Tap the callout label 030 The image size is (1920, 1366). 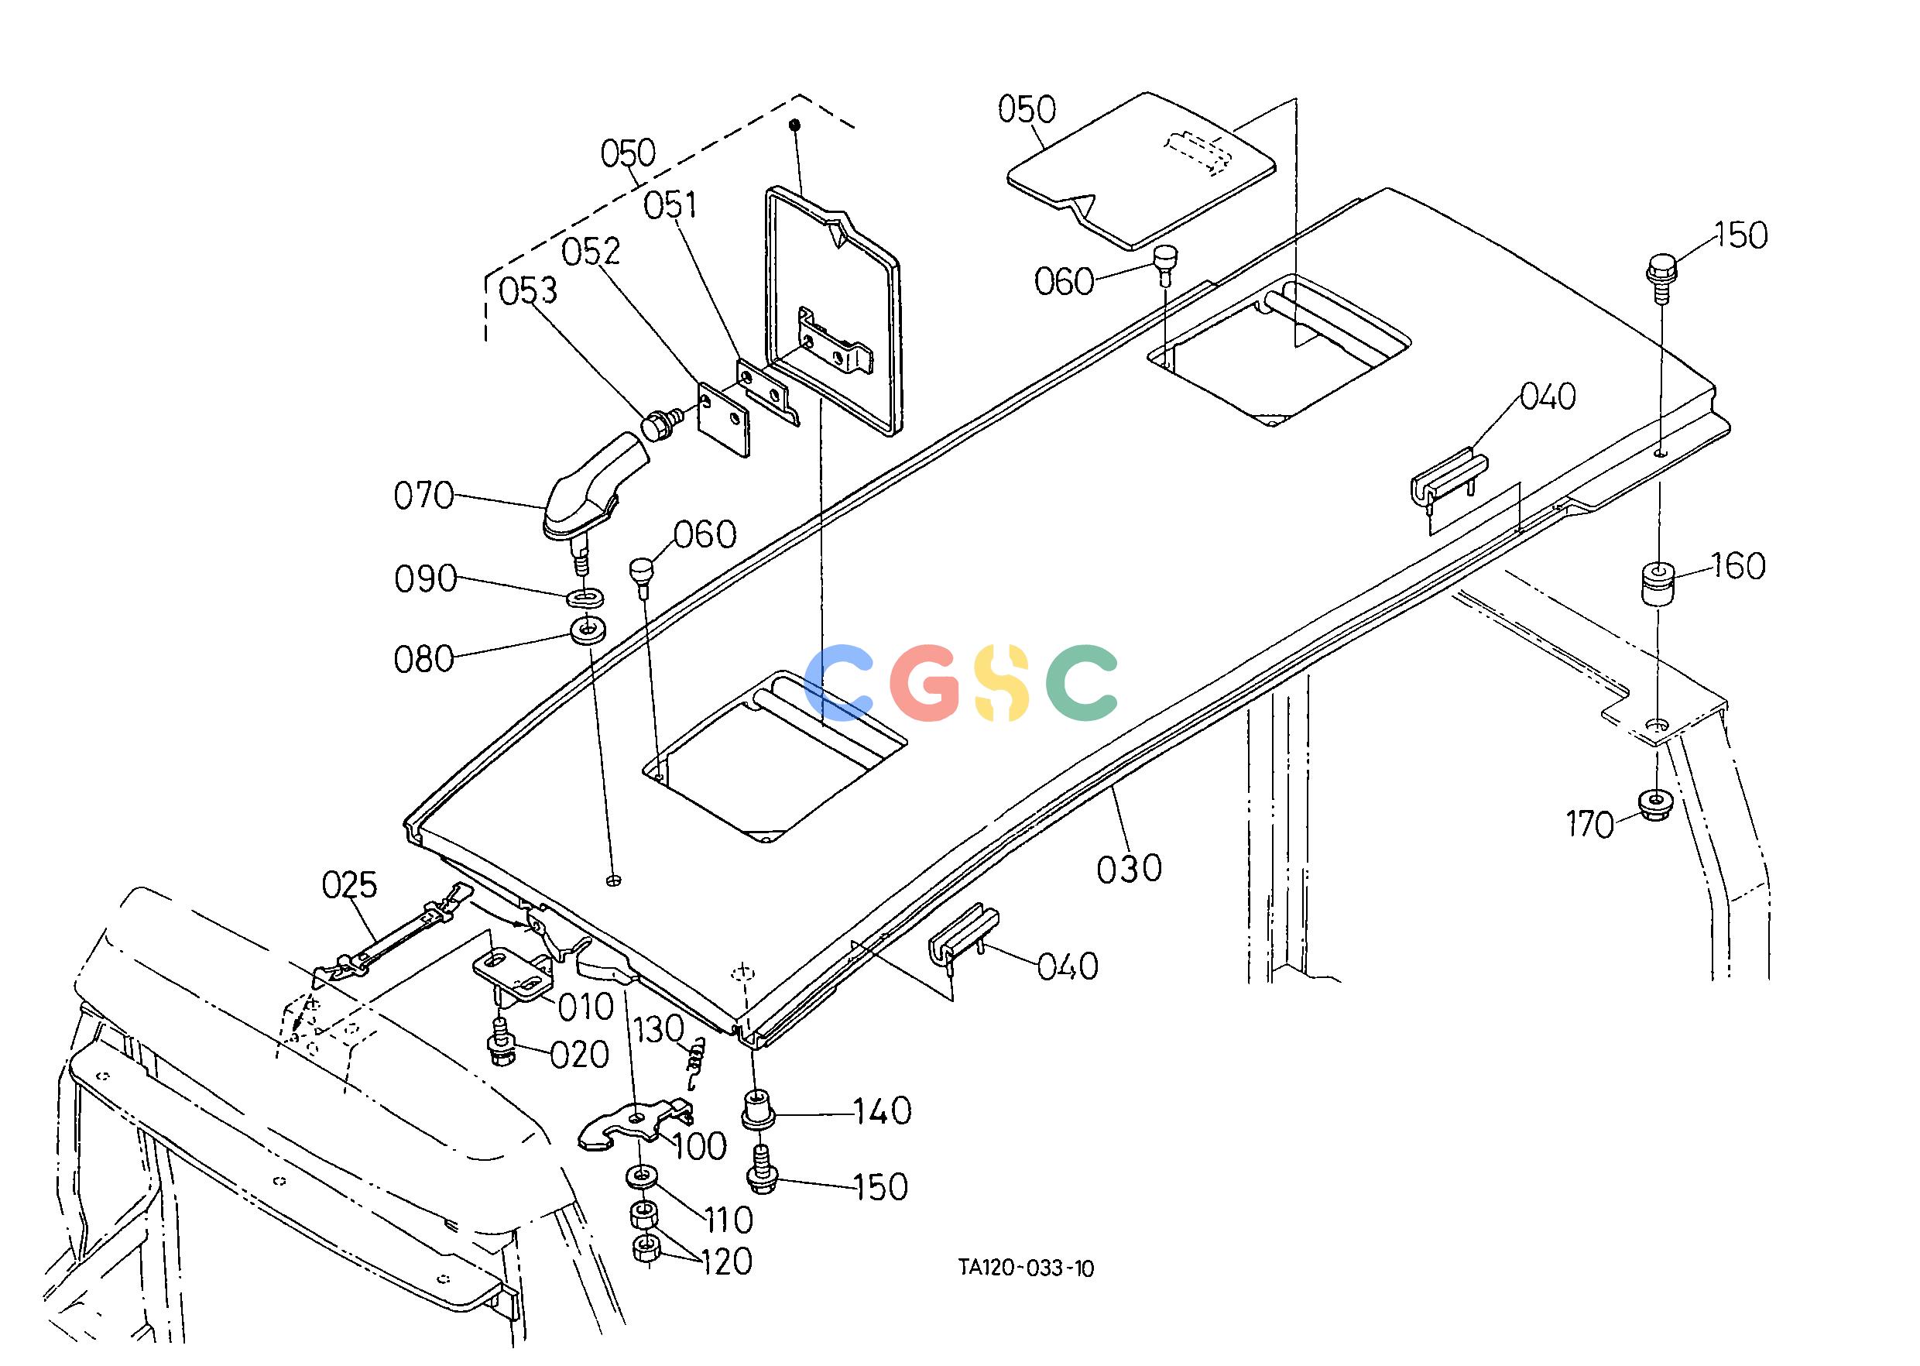(x=1129, y=868)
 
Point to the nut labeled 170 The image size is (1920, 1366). (x=1654, y=805)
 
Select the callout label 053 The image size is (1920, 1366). (x=528, y=290)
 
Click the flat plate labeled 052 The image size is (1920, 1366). (x=724, y=420)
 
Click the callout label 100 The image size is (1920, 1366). (x=700, y=1145)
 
